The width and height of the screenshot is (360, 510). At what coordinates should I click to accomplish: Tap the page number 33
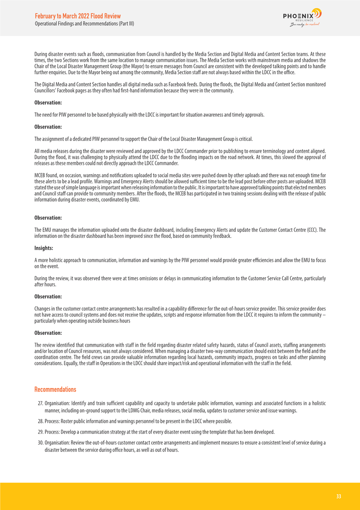tap(338, 496)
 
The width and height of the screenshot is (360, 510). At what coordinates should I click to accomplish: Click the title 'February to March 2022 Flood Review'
tap(78, 16)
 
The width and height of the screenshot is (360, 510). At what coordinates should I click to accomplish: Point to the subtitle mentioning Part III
tap(85, 23)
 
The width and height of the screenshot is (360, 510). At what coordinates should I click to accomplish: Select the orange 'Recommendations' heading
tap(55, 390)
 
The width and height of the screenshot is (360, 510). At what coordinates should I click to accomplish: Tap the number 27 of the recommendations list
tap(41, 402)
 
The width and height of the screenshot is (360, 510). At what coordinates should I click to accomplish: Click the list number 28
tap(41, 421)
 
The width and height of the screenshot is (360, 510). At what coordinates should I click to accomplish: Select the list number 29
tap(41, 431)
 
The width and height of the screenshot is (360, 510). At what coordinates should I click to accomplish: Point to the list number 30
tap(41, 443)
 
